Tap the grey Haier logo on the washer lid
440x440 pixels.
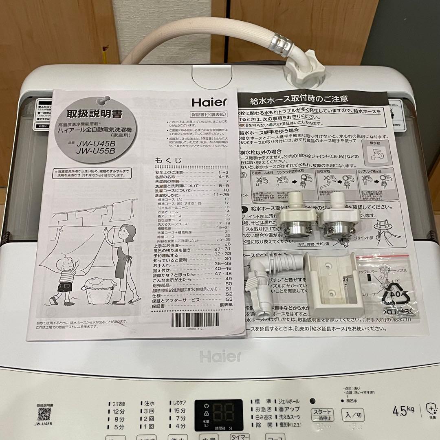point(220,356)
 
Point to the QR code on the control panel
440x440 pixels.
point(44,414)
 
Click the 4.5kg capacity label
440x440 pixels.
point(403,409)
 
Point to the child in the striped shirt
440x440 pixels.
point(65,279)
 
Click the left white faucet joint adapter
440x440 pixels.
point(298,218)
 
